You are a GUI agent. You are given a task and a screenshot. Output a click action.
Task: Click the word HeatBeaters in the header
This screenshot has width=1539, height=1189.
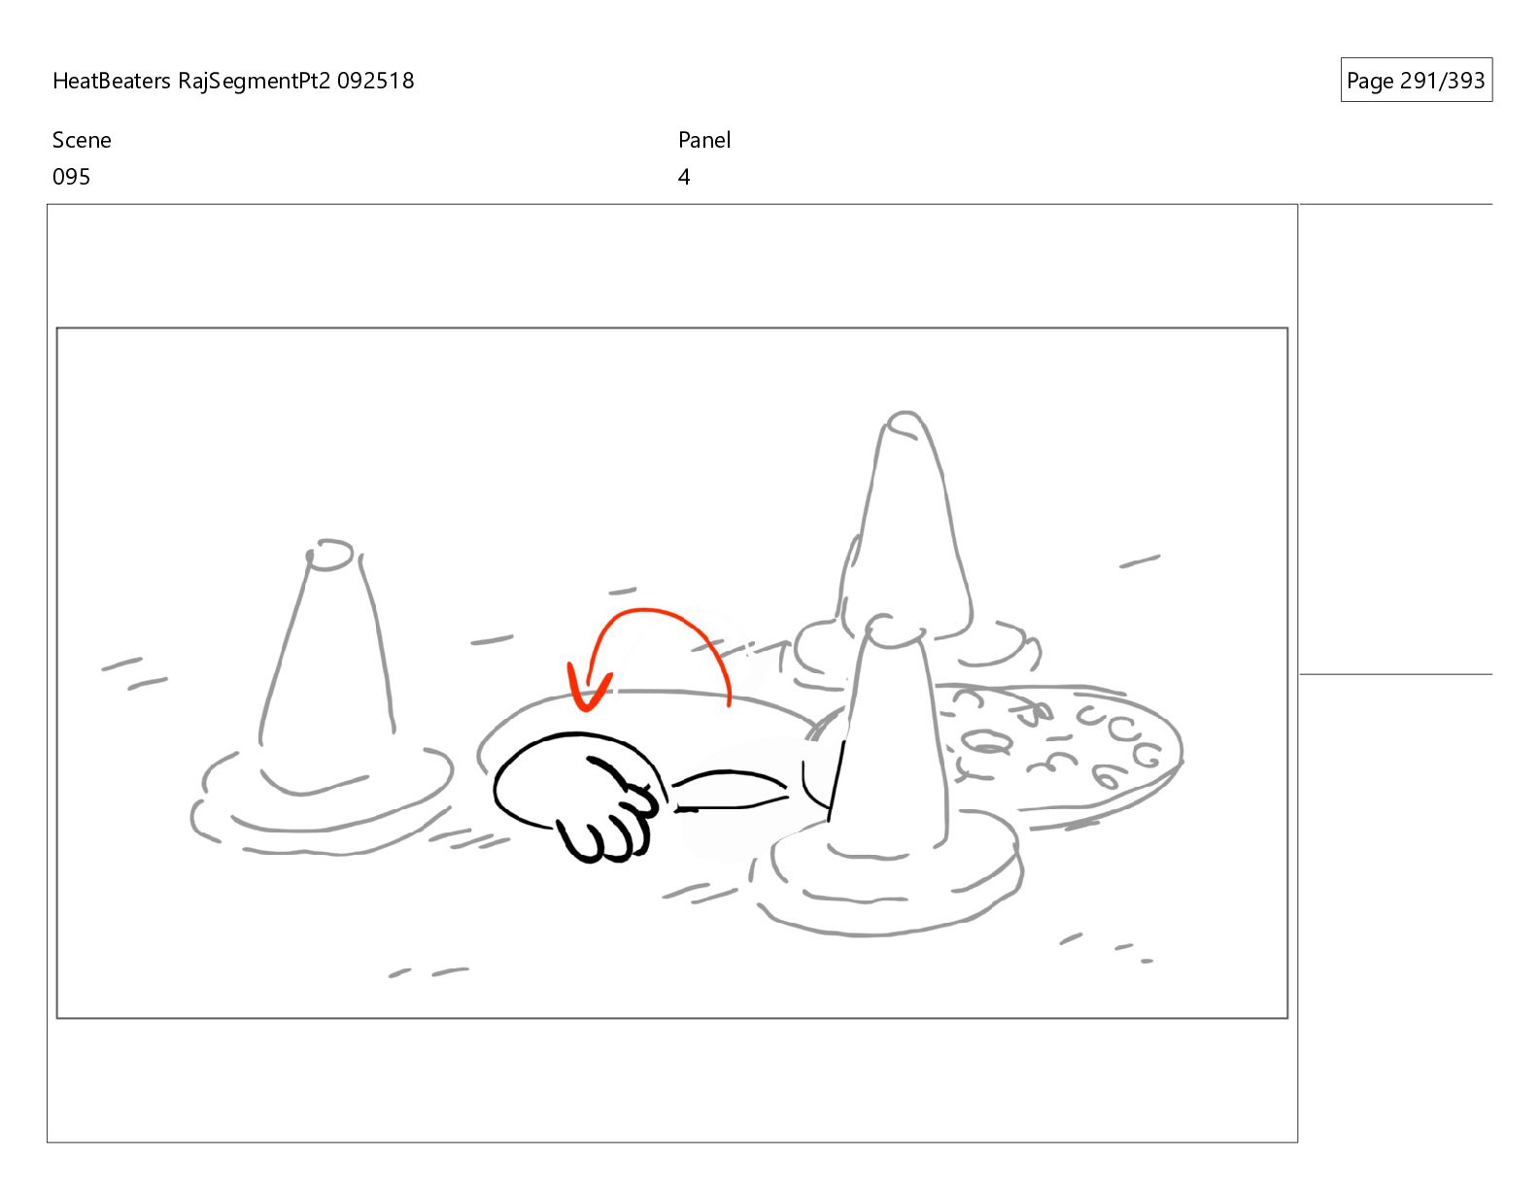[x=111, y=81]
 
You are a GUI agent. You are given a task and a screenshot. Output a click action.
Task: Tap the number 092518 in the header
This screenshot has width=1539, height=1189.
[x=375, y=81]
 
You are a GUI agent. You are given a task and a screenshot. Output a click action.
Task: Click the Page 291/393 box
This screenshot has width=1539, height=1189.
[x=1416, y=80]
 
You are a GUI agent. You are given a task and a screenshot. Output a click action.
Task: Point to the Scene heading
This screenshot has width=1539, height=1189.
[x=82, y=140]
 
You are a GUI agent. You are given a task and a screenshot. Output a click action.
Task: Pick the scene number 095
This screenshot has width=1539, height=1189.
[x=72, y=177]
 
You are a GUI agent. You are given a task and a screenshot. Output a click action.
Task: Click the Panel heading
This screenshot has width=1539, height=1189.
[x=704, y=140]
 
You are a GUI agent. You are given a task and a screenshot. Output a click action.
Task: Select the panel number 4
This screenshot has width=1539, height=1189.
[x=683, y=177]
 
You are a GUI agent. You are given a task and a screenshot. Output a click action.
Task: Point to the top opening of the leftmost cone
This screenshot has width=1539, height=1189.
[x=329, y=554]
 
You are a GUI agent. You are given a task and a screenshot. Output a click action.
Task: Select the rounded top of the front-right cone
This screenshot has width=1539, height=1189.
[x=895, y=631]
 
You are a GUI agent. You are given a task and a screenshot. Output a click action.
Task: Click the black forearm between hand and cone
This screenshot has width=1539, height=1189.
[x=730, y=791]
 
